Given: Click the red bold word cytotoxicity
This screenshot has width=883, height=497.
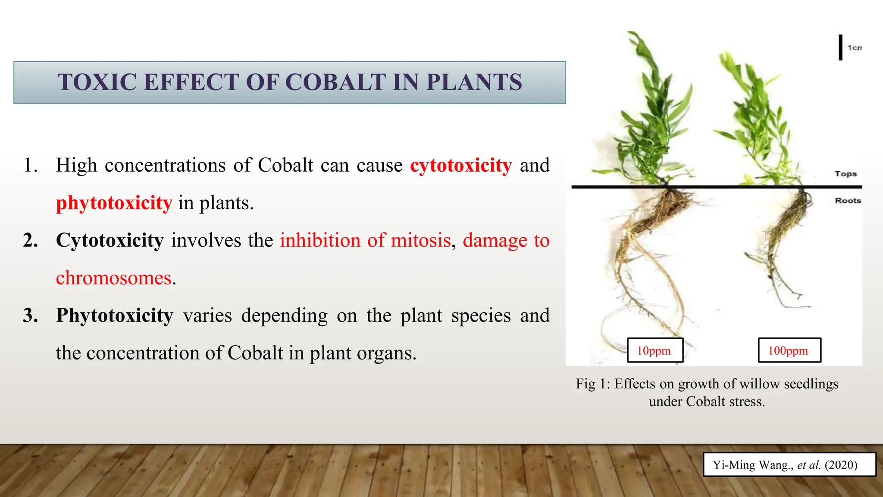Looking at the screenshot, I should (460, 165).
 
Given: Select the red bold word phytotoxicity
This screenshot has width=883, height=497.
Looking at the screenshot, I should (114, 203).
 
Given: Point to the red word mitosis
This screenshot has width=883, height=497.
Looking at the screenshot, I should (420, 240).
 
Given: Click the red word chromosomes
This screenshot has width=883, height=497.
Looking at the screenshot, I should (114, 278).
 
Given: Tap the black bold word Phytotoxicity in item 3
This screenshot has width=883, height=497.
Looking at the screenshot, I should (115, 315).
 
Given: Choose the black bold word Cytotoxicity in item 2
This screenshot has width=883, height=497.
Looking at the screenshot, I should (110, 240).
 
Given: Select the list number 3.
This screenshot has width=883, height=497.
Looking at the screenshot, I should (30, 315).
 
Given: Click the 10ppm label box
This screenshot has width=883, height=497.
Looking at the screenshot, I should (654, 350).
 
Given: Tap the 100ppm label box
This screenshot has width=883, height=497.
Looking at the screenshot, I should (789, 350).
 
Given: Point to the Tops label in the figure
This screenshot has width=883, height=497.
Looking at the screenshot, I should (845, 174).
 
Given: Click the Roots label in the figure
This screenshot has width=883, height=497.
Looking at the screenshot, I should (848, 201).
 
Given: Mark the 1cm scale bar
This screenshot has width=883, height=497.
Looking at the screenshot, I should (840, 47).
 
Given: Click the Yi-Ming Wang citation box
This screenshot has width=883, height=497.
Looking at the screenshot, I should (789, 465).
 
